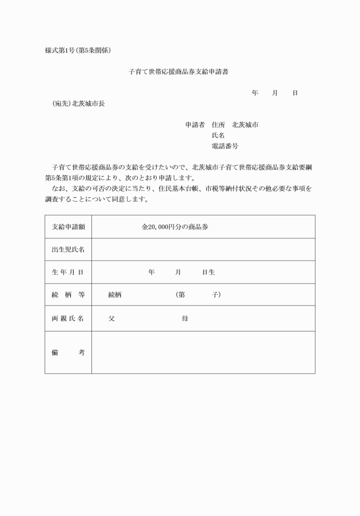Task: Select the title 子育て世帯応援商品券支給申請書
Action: (x=179, y=72)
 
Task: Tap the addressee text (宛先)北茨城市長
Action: (x=78, y=103)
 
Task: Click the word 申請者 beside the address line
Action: (x=195, y=125)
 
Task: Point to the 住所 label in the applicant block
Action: (x=218, y=125)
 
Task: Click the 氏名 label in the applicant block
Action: (x=218, y=135)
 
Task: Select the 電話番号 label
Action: (x=225, y=146)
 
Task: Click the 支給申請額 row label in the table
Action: (x=68, y=227)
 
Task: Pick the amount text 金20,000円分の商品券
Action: (x=175, y=227)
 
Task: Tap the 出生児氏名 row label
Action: (x=68, y=250)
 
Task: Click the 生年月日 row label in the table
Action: (x=68, y=272)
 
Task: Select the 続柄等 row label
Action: (x=68, y=295)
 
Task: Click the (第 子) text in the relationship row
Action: (x=198, y=295)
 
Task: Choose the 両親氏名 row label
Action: (x=68, y=318)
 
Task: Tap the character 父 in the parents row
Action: (x=111, y=318)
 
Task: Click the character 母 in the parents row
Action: (x=185, y=318)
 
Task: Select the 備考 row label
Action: (x=68, y=353)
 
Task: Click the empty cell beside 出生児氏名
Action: (x=203, y=250)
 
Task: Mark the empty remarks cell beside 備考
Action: (x=203, y=353)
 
